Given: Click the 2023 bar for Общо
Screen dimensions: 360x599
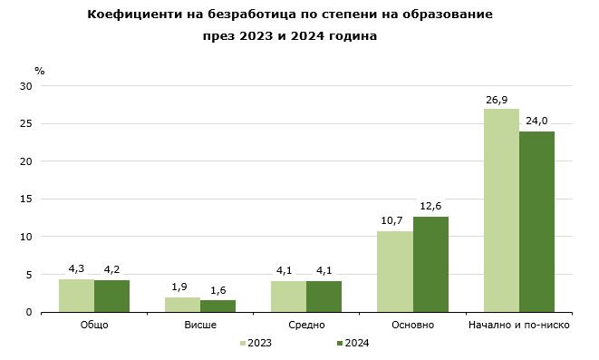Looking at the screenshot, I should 76,296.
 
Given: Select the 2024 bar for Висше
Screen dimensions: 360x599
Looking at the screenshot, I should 217,306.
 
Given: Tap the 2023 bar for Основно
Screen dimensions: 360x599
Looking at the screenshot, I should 395,271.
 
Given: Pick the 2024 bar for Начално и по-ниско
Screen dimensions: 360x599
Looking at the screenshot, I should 536,221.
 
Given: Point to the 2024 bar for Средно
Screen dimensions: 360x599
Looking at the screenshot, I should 324,297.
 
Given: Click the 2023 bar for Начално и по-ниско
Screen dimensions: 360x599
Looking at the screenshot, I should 501,210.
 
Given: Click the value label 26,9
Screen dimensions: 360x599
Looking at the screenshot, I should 501,99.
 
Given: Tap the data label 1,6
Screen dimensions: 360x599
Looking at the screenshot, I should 217,290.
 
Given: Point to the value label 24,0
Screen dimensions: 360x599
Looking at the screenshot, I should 536,121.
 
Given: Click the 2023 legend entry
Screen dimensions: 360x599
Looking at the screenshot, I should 256,343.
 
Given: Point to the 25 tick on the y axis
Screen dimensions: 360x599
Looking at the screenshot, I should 26,124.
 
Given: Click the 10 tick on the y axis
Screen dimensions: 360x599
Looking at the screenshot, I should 26,237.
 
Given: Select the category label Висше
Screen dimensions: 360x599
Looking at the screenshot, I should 199,325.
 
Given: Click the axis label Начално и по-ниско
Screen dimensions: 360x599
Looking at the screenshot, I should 517,325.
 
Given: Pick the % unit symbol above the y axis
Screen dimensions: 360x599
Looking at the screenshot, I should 39,70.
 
